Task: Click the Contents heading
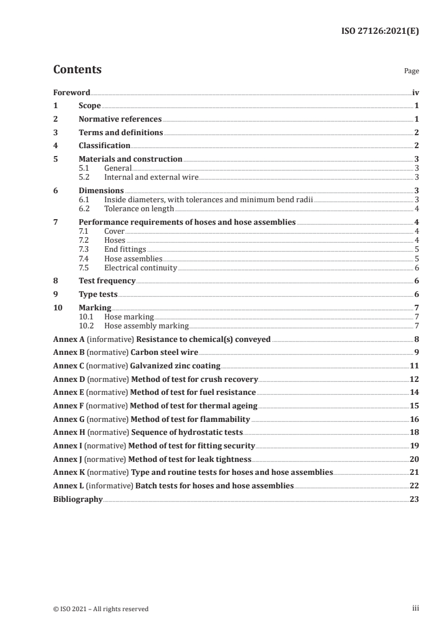click(77, 70)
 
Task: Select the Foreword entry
click(72, 92)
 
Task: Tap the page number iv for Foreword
click(415, 92)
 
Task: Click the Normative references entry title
click(120, 119)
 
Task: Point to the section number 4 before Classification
click(55, 145)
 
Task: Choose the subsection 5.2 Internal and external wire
click(151, 177)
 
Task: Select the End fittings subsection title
click(125, 248)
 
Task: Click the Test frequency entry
click(107, 281)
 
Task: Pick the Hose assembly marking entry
click(147, 326)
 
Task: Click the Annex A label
click(69, 339)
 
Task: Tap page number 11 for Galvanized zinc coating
click(414, 366)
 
